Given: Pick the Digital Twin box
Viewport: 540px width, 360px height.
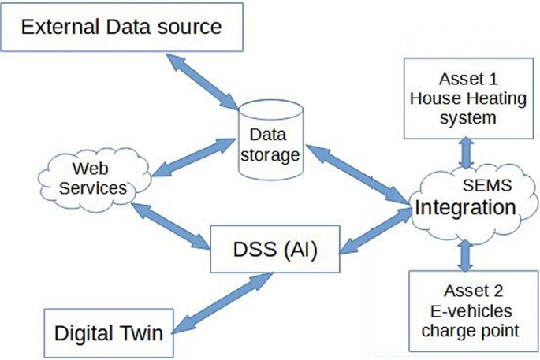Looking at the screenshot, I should coord(109,332).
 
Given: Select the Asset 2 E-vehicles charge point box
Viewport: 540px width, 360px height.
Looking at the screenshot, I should coord(467,310).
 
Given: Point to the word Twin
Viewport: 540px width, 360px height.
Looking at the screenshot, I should coord(143,332).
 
